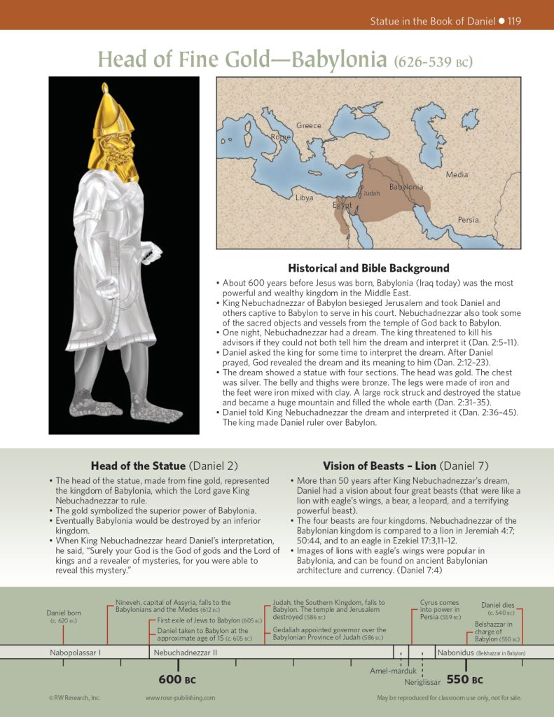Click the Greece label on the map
tap(308, 126)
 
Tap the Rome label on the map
tap(280, 137)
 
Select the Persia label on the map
tap(469, 220)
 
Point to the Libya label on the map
tap(304, 198)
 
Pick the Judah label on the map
tap(371, 193)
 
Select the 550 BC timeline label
tap(465, 679)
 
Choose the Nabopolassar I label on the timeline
tap(76, 653)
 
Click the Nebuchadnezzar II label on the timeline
tap(186, 653)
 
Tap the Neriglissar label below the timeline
tap(423, 681)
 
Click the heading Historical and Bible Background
tap(368, 268)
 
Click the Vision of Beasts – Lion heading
tap(406, 466)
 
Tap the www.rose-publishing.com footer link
tap(180, 698)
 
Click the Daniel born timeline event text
tap(64, 616)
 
